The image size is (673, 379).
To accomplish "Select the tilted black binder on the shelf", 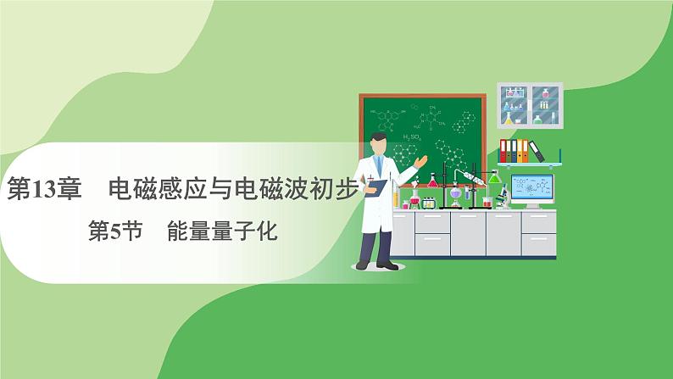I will pos(536,149).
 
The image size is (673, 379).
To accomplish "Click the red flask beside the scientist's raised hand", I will pos(432,181).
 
